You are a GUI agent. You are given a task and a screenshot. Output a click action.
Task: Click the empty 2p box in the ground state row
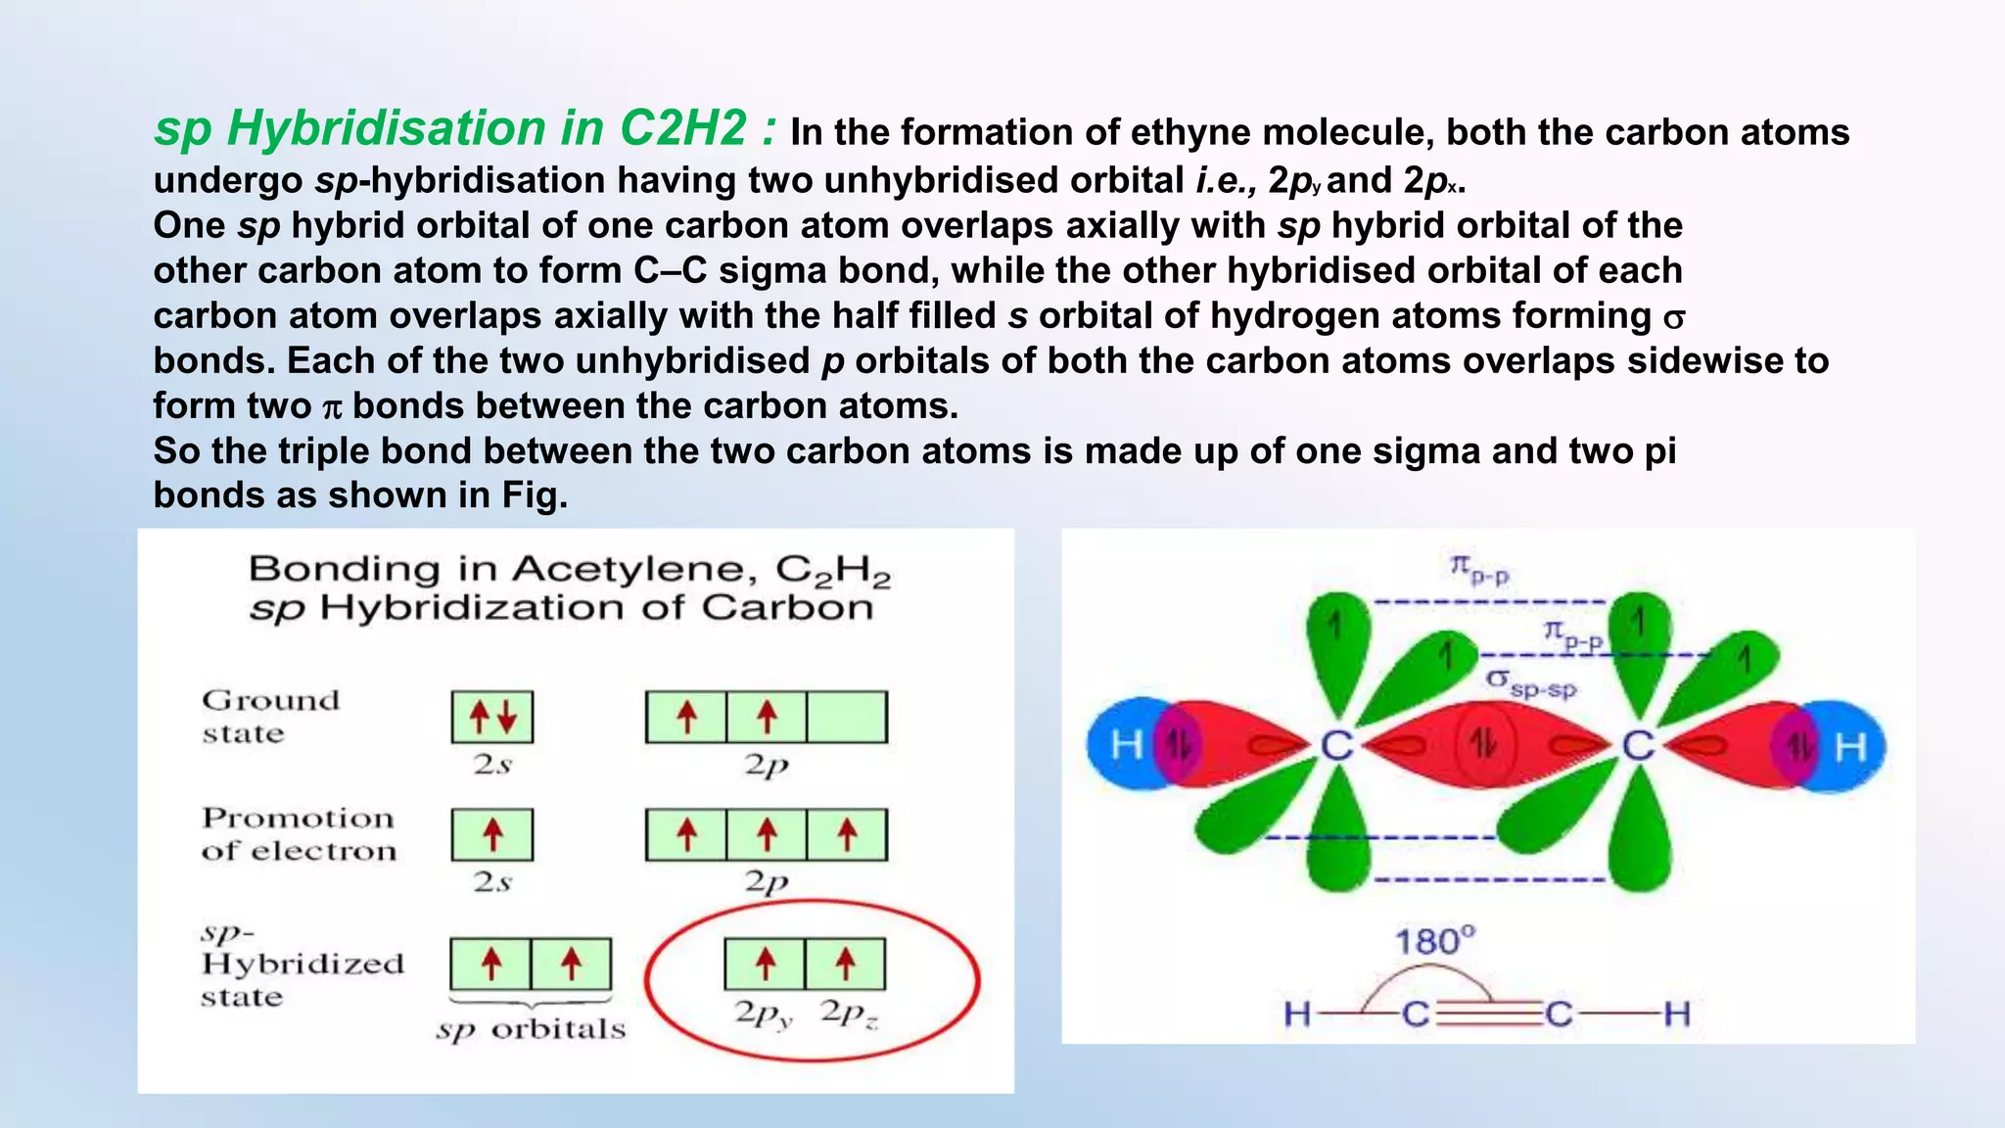[x=847, y=717]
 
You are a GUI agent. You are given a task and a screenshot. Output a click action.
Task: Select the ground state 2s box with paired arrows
[x=492, y=717]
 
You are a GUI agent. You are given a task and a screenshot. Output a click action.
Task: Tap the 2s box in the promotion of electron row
[x=492, y=834]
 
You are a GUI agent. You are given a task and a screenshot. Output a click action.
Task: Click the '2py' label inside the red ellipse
[x=764, y=1013]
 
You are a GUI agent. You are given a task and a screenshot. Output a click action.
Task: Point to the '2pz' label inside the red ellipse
[x=849, y=1013]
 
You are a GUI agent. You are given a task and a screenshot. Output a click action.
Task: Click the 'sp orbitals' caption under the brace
[x=531, y=1029]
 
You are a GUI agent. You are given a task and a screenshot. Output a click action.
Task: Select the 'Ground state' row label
[x=270, y=717]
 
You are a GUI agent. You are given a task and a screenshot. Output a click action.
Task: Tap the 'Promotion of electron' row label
[x=299, y=834]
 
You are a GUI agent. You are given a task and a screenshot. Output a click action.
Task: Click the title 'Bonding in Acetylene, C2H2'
[x=569, y=569]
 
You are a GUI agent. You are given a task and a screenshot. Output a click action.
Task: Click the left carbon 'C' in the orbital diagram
[x=1336, y=746]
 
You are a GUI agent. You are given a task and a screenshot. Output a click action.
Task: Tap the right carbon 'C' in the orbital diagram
[x=1638, y=746]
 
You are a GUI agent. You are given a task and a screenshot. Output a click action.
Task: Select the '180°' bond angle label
[x=1434, y=942]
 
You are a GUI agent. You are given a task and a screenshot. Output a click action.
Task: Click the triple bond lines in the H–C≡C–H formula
[x=1489, y=1013]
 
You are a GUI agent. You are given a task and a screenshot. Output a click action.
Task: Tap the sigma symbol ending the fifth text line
[x=1674, y=318]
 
